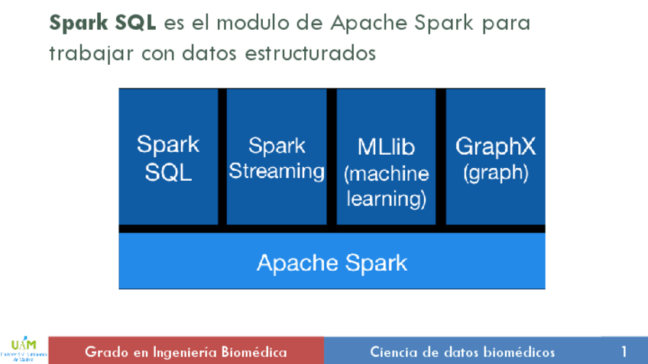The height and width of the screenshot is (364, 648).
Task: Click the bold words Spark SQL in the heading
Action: click(102, 22)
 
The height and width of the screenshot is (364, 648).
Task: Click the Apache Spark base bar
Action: click(332, 263)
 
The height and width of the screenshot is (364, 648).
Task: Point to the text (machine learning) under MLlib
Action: click(386, 186)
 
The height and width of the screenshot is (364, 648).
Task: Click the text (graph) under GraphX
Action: click(495, 173)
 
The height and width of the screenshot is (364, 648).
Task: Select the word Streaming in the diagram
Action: click(277, 171)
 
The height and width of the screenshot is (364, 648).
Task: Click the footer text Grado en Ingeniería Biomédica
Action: click(186, 352)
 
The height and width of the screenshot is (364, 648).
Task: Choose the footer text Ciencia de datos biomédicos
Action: click(462, 352)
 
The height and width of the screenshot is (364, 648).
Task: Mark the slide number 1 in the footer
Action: click(624, 352)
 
